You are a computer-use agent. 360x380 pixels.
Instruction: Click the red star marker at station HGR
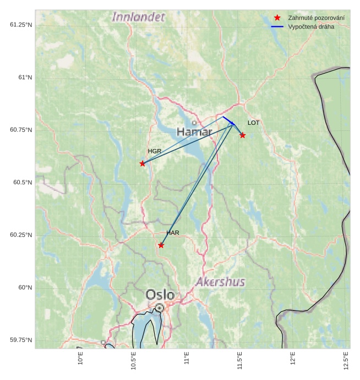[x=143, y=163]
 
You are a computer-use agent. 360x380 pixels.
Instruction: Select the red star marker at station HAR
[x=161, y=245]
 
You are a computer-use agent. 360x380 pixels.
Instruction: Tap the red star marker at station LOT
[x=242, y=135]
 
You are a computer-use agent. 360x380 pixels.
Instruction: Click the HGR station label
[x=155, y=151]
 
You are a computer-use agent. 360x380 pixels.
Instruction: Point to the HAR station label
[x=173, y=233]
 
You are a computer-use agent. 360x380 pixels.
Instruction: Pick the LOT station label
[x=253, y=123]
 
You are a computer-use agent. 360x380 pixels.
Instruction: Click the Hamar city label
[x=194, y=132]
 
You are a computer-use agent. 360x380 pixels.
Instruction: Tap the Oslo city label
[x=160, y=295]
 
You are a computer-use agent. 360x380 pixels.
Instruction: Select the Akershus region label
[x=220, y=282]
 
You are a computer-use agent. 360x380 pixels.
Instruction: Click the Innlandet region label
[x=138, y=17]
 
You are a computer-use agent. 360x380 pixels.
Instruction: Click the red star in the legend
[x=277, y=18]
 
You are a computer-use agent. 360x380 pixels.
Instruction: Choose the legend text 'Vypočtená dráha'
[x=311, y=26]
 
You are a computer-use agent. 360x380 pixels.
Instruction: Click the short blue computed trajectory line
[x=228, y=120]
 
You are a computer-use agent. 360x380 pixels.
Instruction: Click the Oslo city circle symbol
[x=159, y=308]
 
